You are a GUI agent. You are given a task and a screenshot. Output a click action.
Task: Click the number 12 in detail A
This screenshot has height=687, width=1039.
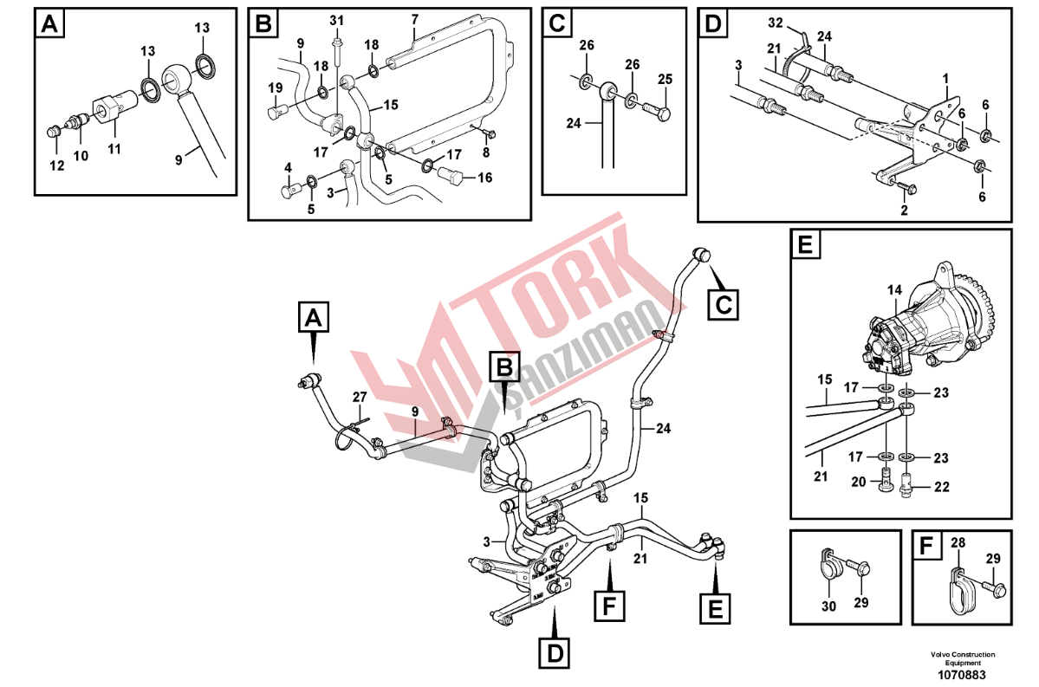[57, 165]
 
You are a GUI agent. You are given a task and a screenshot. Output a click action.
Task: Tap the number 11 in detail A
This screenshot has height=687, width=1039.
[114, 149]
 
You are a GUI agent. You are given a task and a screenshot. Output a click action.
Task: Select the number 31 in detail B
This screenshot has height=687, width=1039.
[336, 21]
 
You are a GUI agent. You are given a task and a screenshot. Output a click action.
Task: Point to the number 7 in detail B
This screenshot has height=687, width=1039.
[415, 18]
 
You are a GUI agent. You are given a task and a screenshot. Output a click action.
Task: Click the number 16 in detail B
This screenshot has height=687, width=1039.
[485, 178]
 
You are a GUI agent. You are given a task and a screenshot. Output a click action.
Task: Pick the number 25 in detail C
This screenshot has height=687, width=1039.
[666, 79]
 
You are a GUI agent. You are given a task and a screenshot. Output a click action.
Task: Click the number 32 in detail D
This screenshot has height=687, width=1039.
[776, 23]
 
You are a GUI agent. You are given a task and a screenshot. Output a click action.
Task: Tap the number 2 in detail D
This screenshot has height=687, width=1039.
[904, 210]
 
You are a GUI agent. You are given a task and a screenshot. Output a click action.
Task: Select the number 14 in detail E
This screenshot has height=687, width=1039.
[894, 289]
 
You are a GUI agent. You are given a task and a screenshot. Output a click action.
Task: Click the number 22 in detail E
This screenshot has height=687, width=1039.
[942, 486]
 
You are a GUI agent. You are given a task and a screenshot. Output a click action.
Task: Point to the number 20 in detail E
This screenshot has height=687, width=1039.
[858, 482]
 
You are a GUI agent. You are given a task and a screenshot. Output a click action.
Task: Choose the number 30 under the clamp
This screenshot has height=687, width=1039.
[829, 606]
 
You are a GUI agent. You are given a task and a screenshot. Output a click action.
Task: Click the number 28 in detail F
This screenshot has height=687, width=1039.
[958, 542]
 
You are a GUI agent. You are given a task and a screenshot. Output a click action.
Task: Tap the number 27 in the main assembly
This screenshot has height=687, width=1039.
[359, 397]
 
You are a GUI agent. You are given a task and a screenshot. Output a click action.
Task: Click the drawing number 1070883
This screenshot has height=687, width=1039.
[961, 675]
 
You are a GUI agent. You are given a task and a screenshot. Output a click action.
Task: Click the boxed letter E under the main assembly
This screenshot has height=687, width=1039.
[716, 607]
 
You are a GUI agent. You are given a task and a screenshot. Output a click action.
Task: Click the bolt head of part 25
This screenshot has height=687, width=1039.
[663, 113]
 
